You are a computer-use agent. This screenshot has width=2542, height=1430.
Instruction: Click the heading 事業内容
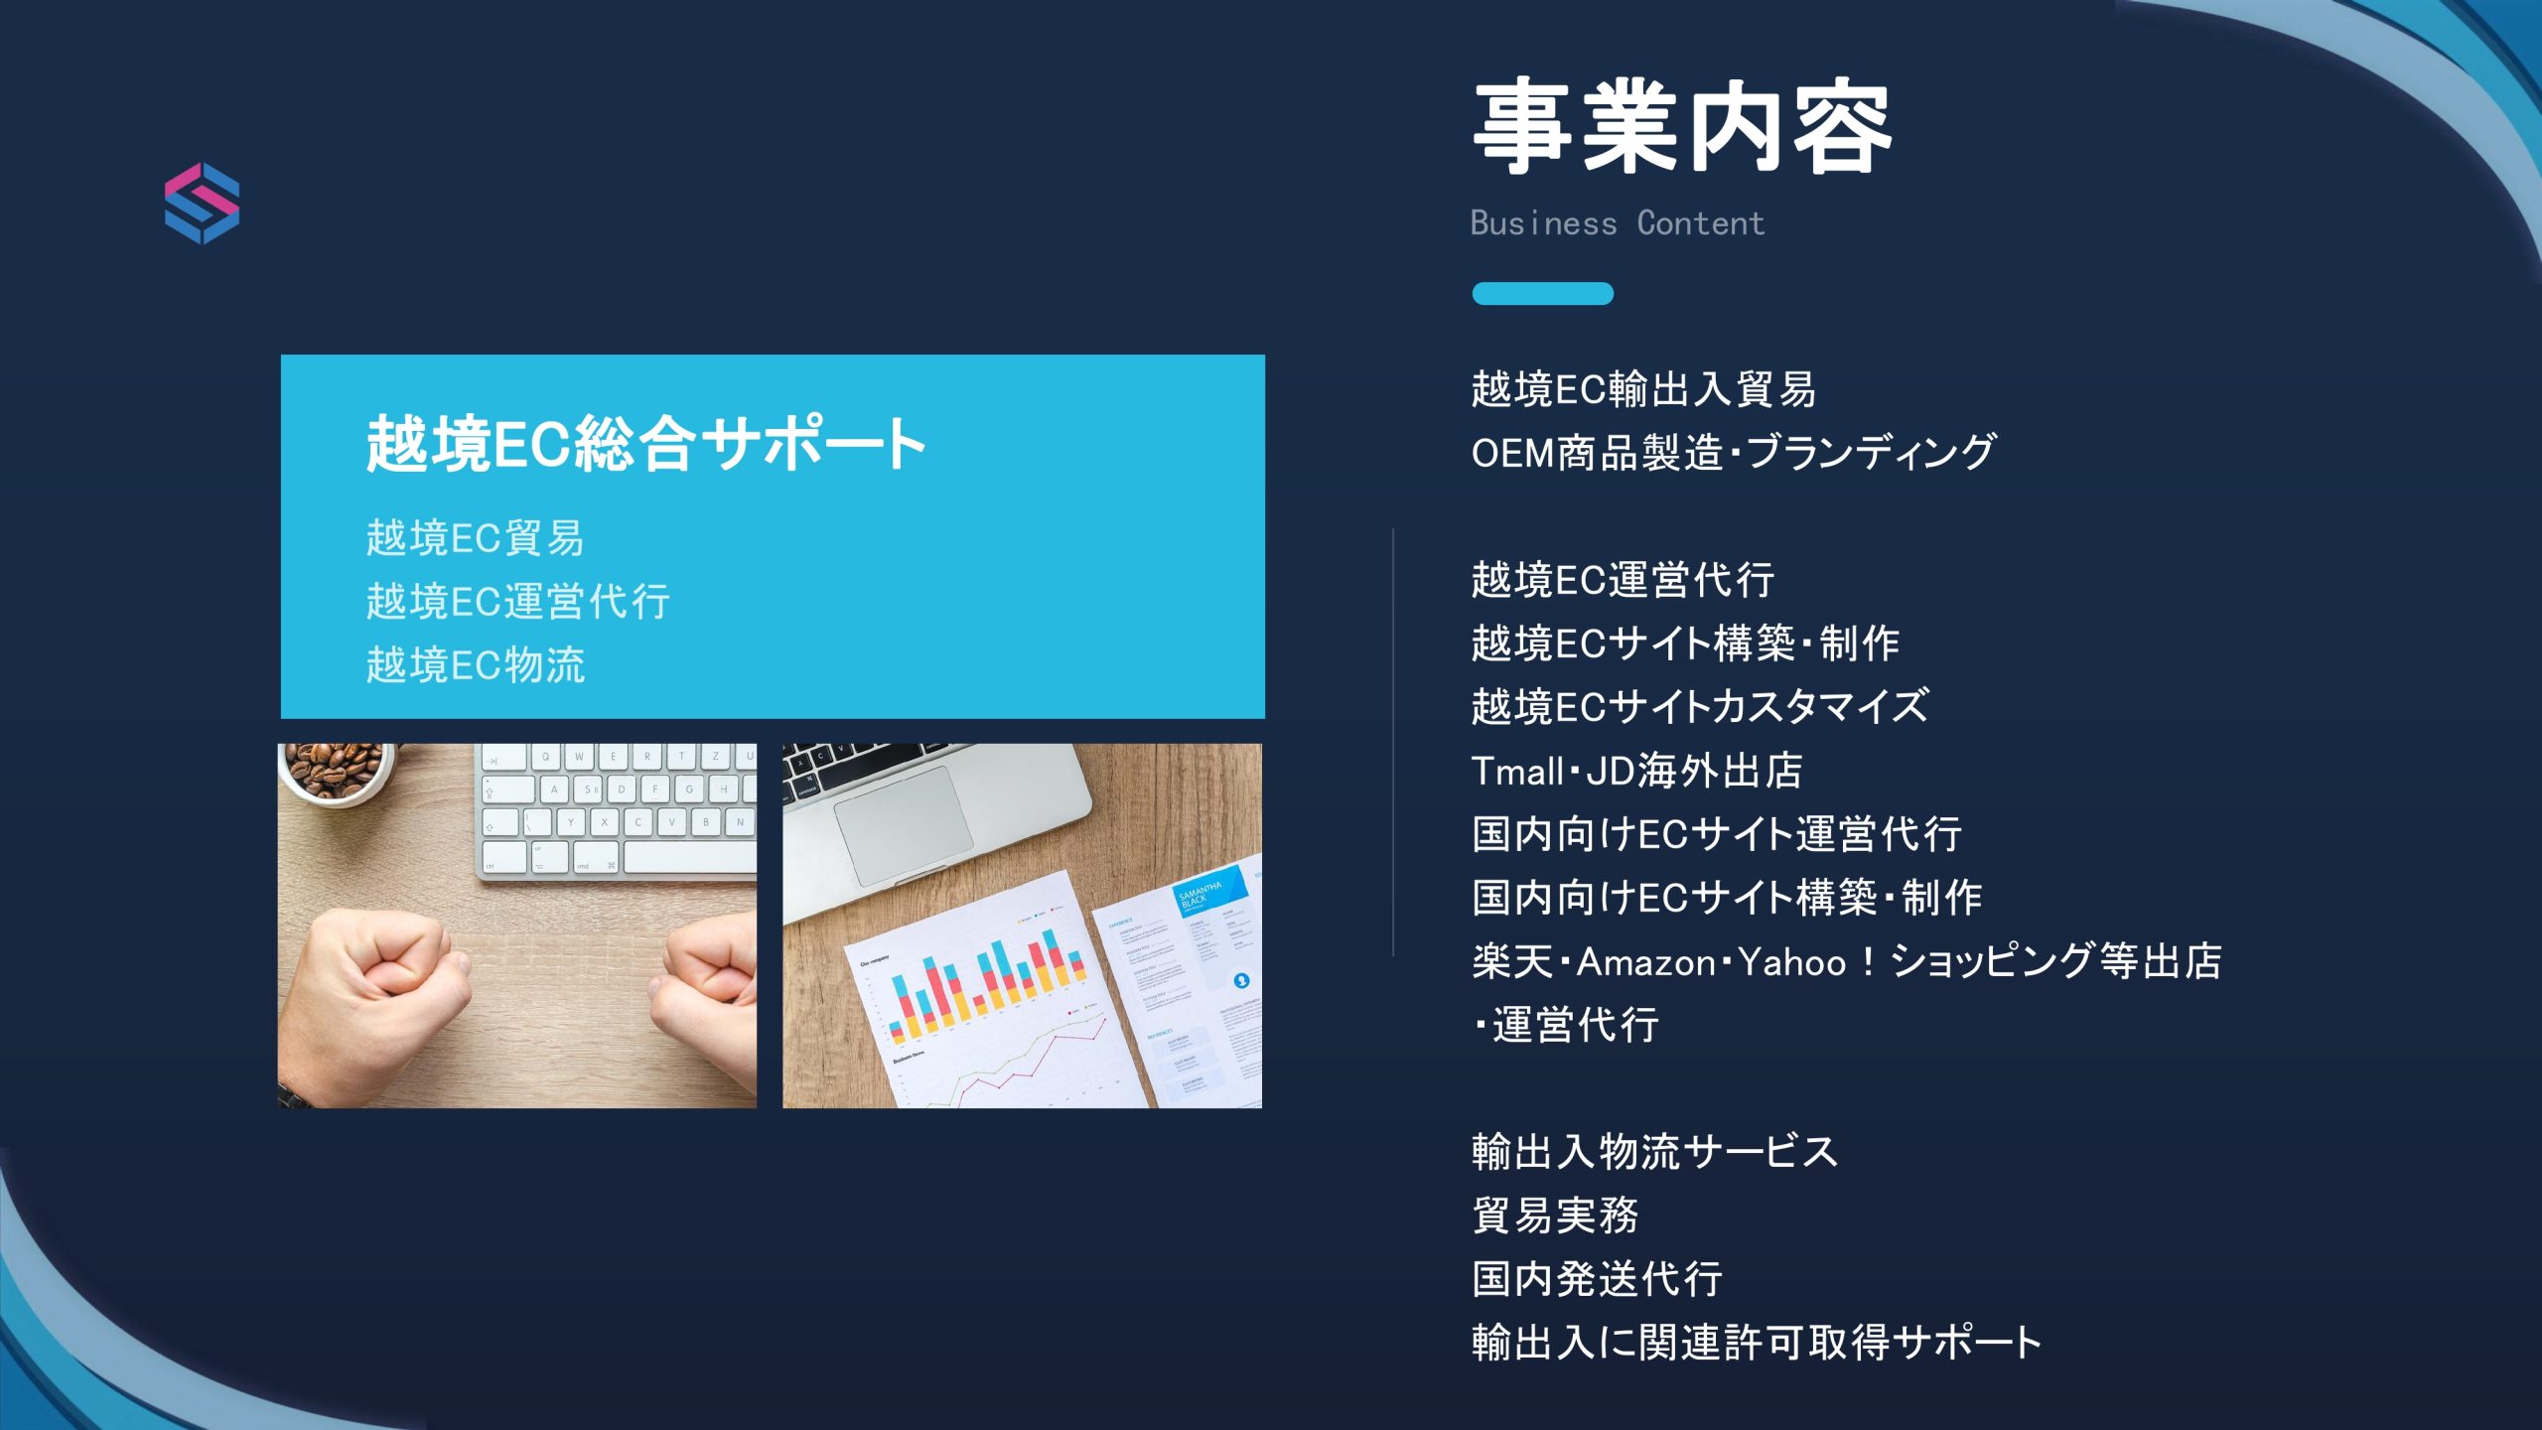pos(1682,127)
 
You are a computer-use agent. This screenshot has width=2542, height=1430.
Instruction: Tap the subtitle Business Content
pos(1618,223)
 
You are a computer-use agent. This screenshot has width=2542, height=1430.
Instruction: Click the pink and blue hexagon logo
pos(202,204)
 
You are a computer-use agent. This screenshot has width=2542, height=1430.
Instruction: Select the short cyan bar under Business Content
pos(1542,294)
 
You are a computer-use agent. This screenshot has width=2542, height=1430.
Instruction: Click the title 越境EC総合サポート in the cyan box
pos(646,444)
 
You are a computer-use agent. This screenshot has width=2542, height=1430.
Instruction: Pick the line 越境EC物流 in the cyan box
pos(476,664)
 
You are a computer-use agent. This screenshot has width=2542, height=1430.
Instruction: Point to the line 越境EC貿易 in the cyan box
pos(476,537)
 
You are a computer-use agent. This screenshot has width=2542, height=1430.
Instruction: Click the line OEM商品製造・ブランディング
pos(1734,452)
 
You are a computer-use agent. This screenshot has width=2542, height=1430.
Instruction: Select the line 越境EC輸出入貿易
pos(1644,388)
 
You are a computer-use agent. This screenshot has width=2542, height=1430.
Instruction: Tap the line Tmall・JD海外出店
pos(1637,770)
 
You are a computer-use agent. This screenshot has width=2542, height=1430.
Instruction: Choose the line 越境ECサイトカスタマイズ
pos(1700,706)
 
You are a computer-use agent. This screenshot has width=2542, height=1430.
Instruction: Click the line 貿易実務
pos(1555,1215)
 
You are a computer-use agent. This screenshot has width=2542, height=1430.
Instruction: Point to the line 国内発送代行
pos(1597,1278)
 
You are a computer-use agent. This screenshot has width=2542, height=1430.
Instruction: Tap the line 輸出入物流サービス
pos(1655,1151)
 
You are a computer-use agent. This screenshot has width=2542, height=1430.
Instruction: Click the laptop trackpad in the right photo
pos(904,825)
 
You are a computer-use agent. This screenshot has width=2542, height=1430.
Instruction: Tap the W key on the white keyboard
pos(580,757)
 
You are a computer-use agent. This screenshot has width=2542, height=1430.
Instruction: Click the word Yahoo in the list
pos(1792,961)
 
